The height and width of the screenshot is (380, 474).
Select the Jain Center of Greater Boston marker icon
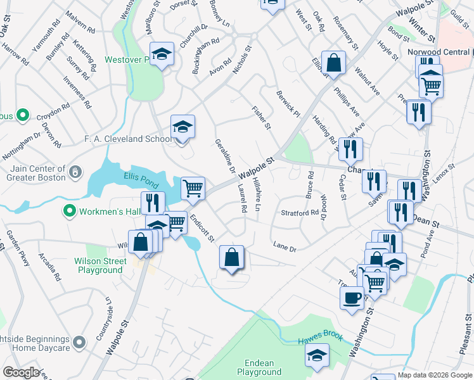tap(75, 172)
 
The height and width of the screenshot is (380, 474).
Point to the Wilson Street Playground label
tap(98, 265)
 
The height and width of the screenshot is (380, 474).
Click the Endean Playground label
tap(259, 368)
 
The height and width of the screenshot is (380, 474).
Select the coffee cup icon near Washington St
tap(352, 296)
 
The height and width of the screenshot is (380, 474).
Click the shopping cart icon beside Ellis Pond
tap(193, 187)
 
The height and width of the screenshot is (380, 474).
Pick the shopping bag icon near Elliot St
tap(333, 62)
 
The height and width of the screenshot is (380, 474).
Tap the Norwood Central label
tap(442, 51)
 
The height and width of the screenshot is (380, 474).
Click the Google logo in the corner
tap(21, 372)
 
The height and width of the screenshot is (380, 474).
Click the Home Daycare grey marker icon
tap(79, 343)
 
